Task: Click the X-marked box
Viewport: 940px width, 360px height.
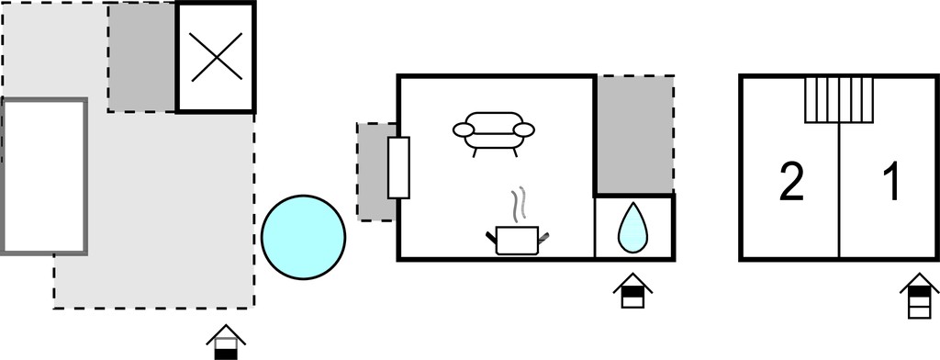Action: (217, 57)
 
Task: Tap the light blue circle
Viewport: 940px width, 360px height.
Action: (303, 237)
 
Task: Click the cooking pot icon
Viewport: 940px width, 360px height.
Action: (518, 240)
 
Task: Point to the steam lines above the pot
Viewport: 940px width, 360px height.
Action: (519, 204)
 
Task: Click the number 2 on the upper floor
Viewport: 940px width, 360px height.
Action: (790, 182)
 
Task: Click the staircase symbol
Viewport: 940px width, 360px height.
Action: (838, 99)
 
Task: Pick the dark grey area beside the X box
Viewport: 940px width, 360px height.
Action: (142, 58)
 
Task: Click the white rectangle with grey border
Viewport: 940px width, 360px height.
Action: (44, 176)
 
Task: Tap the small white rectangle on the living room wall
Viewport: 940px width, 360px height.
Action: (398, 167)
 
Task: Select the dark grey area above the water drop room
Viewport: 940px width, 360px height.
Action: (634, 134)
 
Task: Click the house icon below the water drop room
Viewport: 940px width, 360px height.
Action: (632, 291)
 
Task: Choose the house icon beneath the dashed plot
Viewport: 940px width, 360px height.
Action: (226, 343)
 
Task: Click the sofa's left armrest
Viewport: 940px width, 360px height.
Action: (463, 129)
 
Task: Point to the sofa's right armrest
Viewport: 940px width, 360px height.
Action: (524, 129)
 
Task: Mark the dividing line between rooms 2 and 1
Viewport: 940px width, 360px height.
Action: (839, 190)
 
